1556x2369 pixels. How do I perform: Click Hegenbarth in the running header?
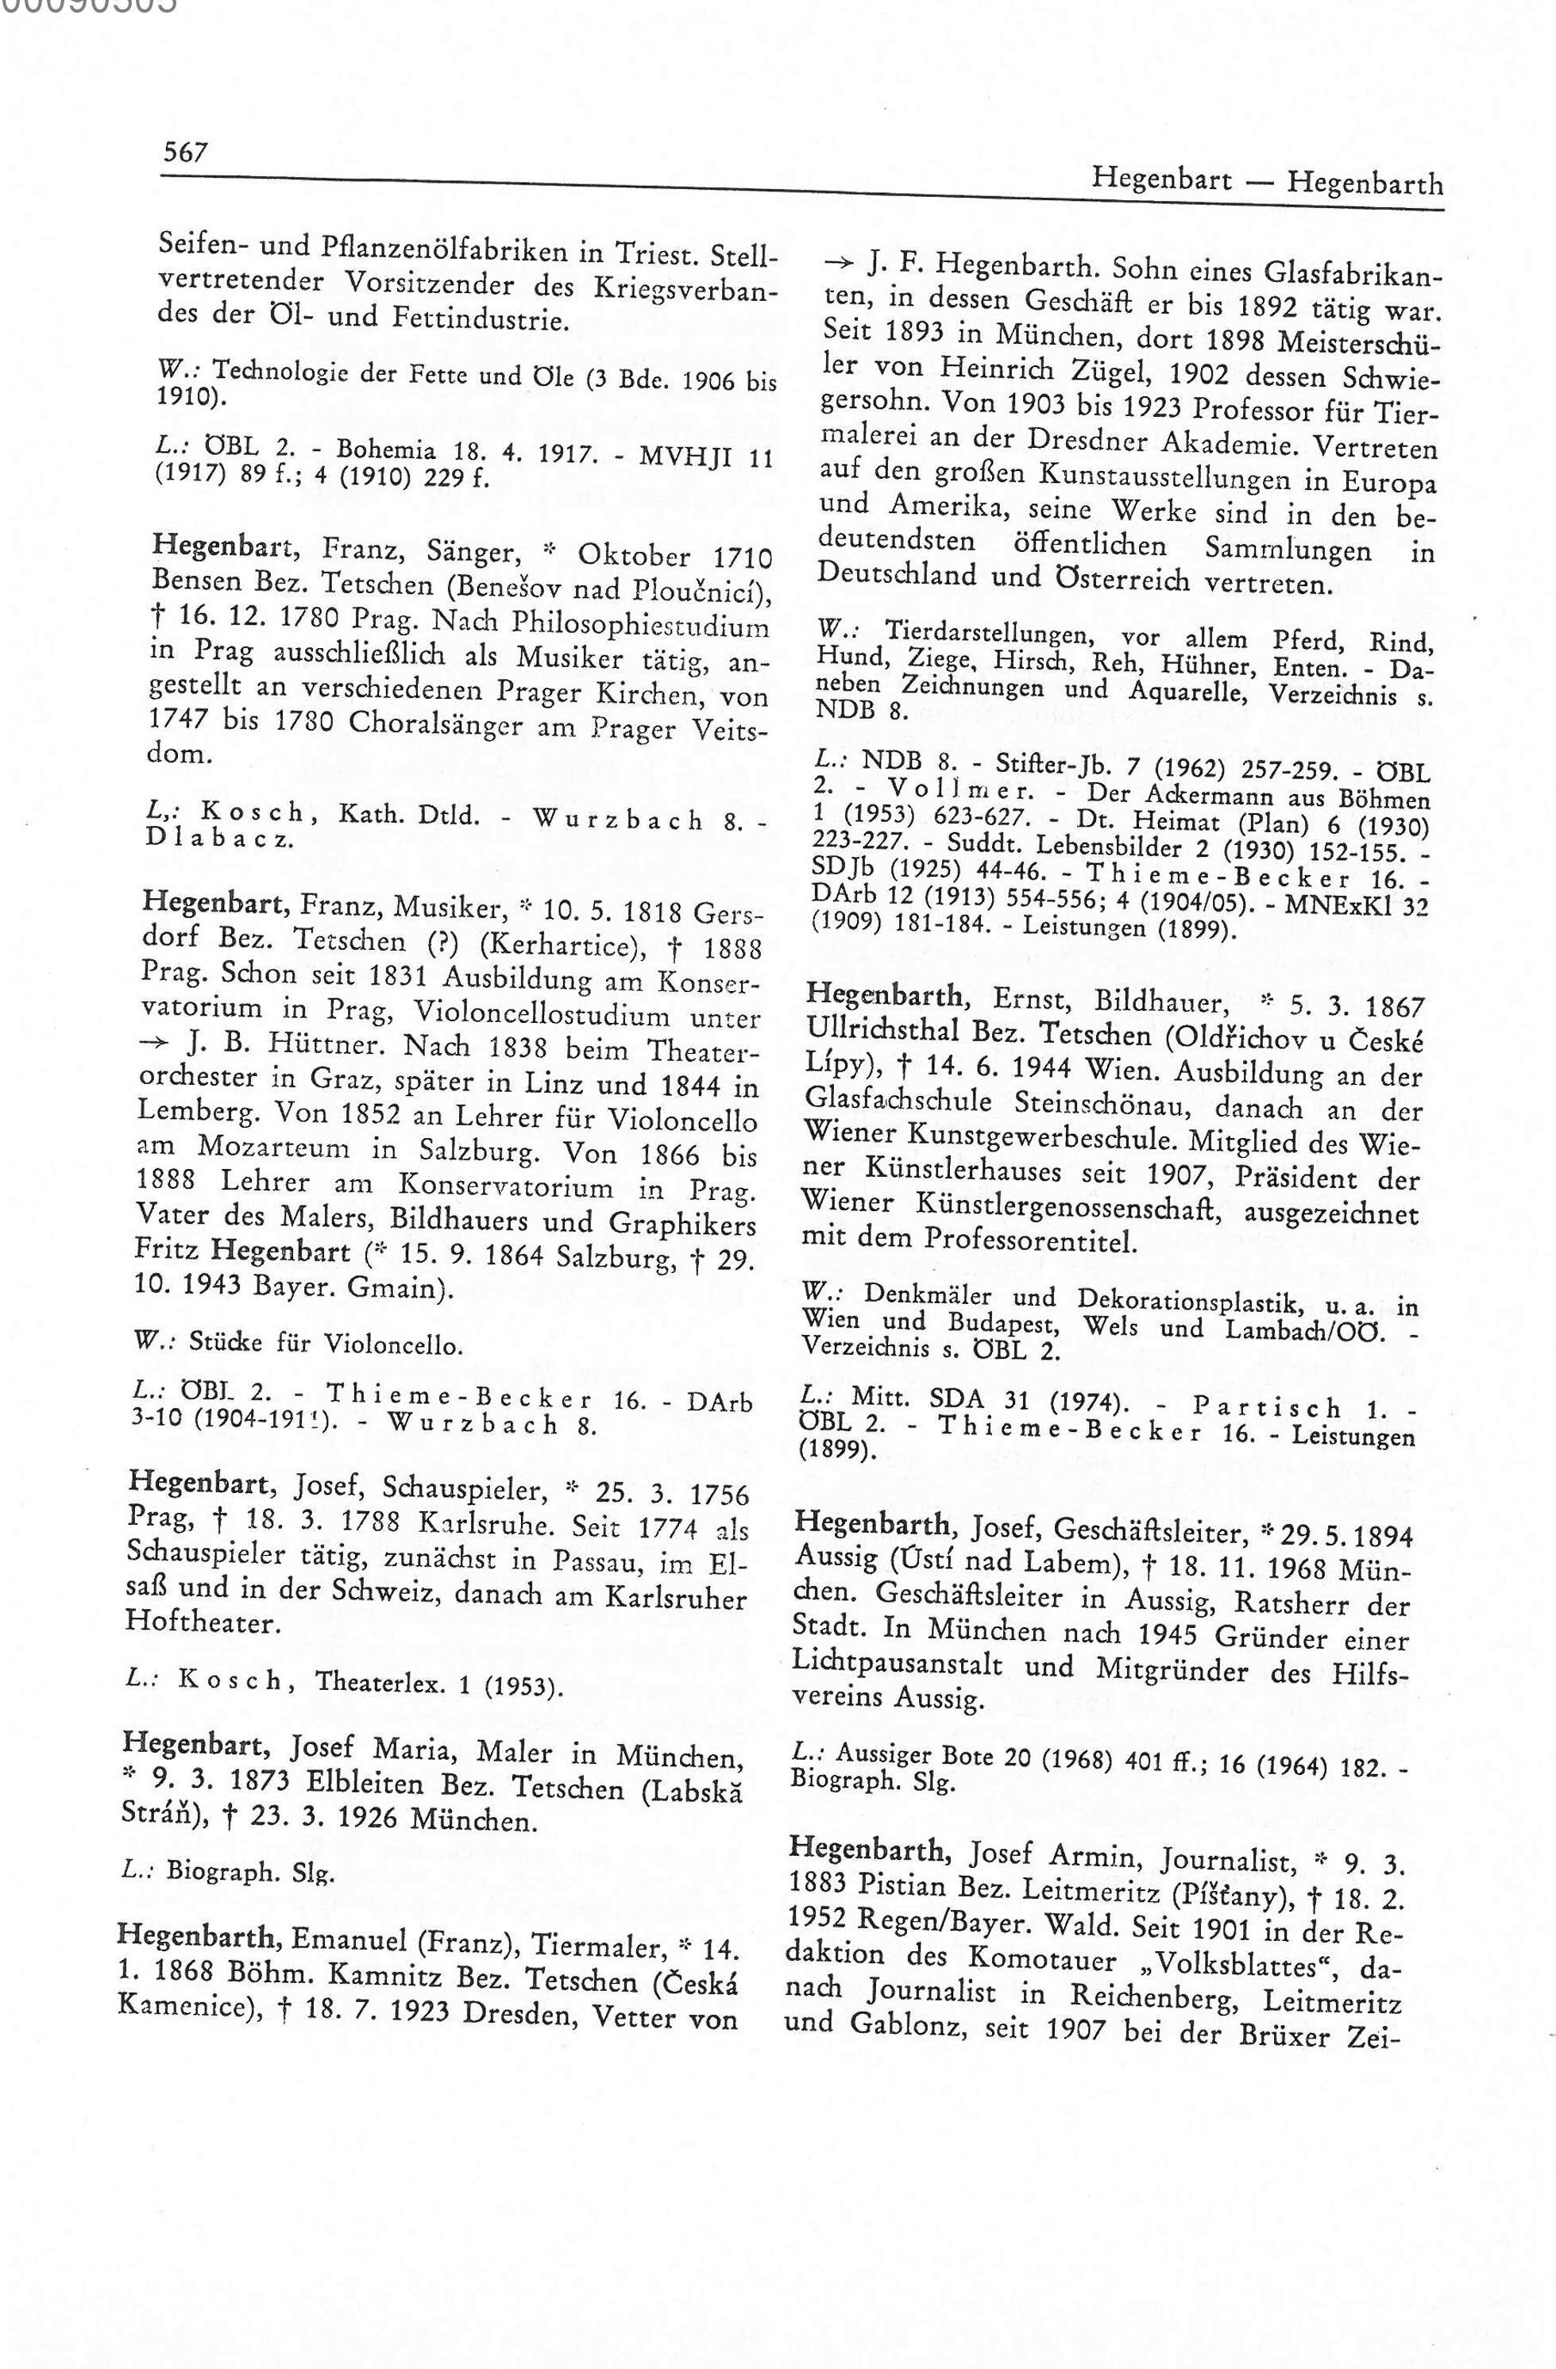tap(1364, 183)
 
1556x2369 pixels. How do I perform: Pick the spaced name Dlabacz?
tap(219, 838)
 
